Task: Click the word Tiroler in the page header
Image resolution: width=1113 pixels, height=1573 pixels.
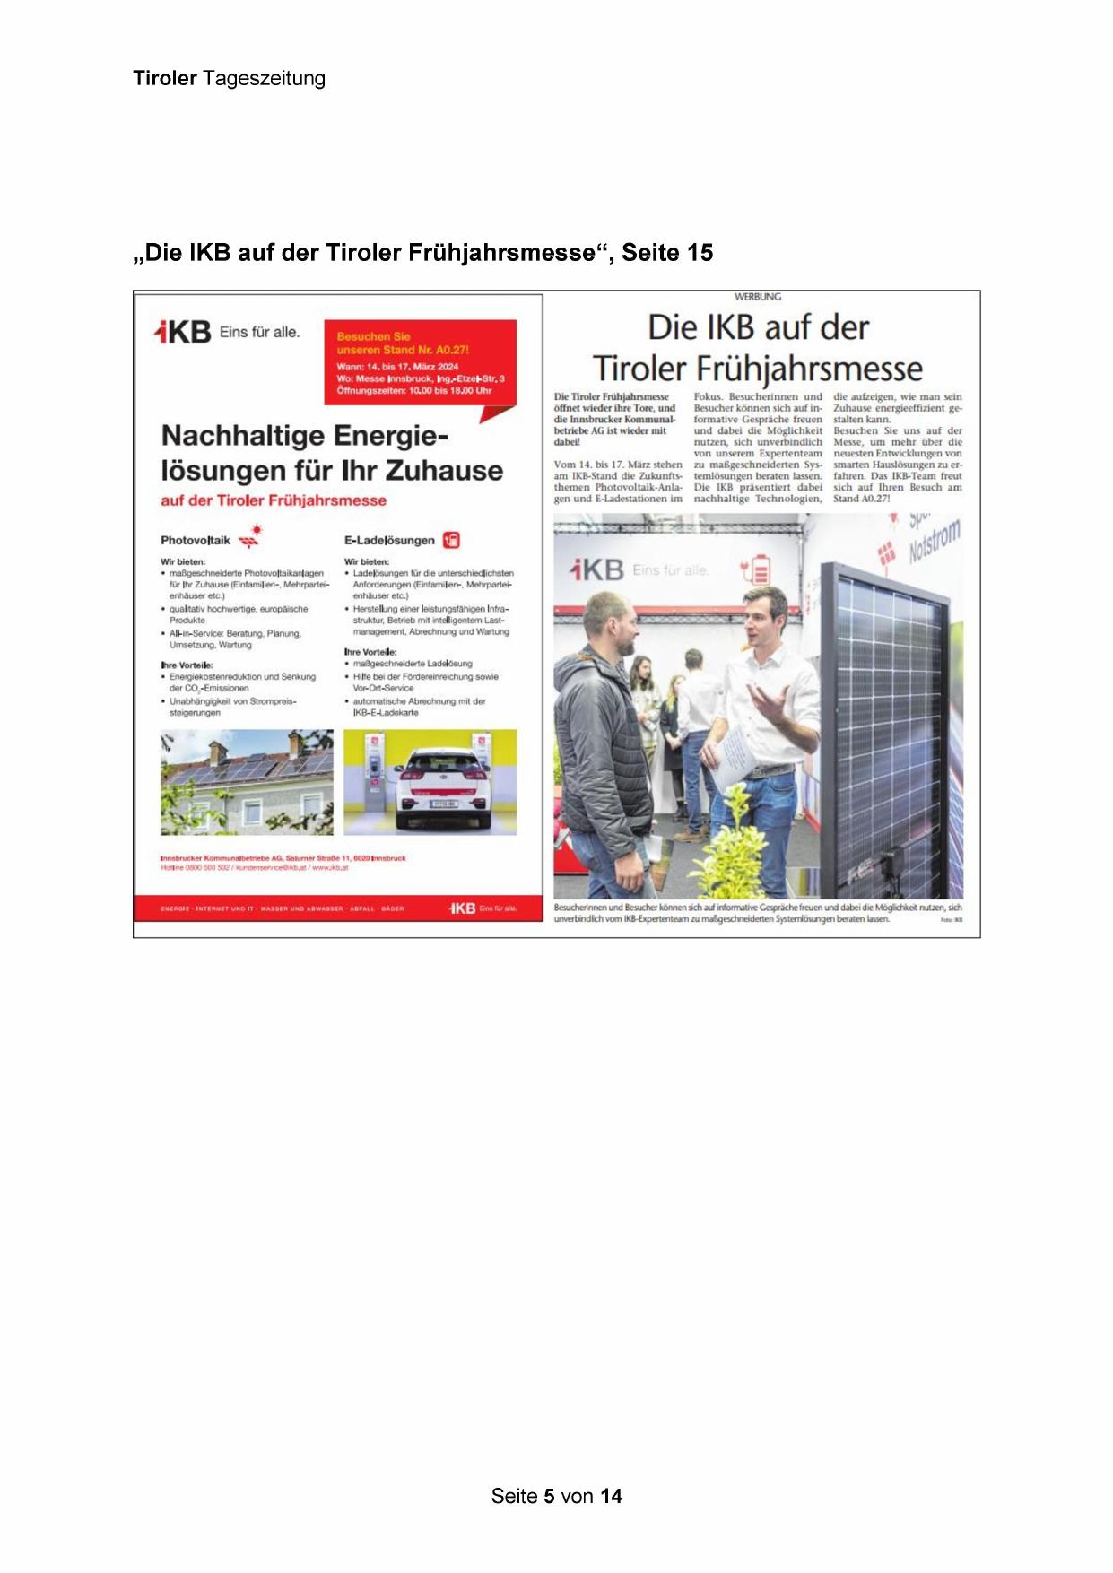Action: (x=165, y=78)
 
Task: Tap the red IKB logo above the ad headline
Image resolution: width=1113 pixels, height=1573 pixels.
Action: (x=183, y=333)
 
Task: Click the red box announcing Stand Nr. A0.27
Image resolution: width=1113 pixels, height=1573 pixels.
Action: (x=420, y=362)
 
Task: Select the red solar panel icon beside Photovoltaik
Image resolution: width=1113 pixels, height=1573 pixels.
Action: (x=250, y=536)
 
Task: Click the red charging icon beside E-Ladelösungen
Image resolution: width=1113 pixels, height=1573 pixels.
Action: (x=452, y=540)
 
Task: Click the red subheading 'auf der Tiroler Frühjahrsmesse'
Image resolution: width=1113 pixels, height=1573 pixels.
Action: (x=274, y=500)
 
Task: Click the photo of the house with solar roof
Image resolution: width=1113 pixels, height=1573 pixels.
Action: (x=247, y=782)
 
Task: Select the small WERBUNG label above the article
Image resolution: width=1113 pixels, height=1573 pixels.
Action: (x=758, y=297)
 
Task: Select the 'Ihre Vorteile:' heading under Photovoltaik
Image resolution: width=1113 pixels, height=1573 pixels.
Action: (x=187, y=665)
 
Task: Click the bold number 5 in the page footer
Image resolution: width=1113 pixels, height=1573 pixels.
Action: (x=547, y=1496)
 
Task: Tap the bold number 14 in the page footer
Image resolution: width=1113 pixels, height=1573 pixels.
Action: (x=611, y=1496)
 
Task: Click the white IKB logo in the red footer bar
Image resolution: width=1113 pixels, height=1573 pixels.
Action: (x=463, y=908)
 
